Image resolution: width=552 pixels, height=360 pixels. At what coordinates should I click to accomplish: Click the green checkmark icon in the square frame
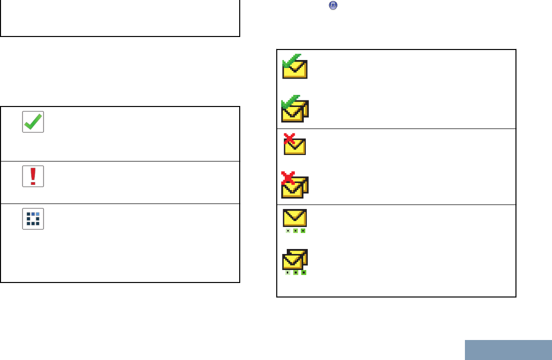click(33, 121)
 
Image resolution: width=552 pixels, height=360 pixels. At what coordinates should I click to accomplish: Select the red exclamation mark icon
click(33, 176)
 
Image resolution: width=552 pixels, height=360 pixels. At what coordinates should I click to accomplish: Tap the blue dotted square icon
click(33, 218)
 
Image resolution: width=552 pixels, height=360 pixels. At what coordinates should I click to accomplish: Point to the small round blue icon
click(333, 5)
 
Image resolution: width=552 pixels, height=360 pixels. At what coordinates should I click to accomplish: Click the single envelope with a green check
click(295, 67)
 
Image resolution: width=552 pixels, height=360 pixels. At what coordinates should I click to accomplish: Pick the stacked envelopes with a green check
click(295, 109)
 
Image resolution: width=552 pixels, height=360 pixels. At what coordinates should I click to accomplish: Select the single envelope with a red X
click(295, 144)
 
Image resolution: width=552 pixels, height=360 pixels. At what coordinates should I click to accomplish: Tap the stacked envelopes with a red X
click(295, 185)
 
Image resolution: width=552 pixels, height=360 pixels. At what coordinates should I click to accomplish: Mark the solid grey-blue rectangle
click(508, 350)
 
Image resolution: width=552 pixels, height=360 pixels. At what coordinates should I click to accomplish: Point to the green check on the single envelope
click(291, 60)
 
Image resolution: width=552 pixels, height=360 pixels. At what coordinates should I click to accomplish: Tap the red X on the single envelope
click(289, 139)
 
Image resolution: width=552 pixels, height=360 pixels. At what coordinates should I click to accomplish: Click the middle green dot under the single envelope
click(295, 231)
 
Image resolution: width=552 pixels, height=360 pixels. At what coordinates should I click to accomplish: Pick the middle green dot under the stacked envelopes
click(295, 273)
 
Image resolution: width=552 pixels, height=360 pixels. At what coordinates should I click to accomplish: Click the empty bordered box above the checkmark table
click(120, 18)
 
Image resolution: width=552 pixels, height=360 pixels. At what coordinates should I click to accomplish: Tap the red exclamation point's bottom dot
click(33, 183)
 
